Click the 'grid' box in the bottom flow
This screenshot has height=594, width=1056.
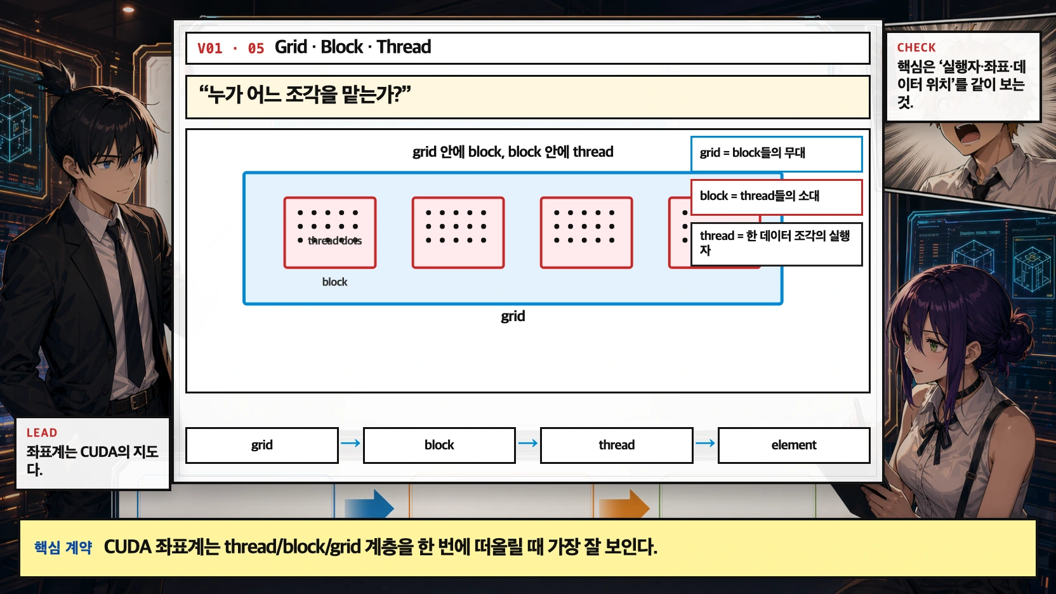(261, 445)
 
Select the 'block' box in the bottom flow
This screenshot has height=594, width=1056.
(439, 445)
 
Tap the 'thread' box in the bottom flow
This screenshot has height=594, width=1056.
(616, 445)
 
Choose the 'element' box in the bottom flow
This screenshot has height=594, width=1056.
(793, 445)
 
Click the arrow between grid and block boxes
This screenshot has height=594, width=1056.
(350, 443)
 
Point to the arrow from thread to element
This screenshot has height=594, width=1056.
(705, 443)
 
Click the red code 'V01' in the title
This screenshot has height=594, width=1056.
(210, 48)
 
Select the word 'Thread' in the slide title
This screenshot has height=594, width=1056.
(404, 47)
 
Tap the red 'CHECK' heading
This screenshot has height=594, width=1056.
(916, 48)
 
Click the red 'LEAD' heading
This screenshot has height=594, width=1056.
(42, 433)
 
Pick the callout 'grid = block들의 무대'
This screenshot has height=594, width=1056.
(776, 153)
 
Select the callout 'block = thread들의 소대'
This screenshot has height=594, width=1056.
(776, 196)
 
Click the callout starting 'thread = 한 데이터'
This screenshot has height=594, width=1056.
(776, 243)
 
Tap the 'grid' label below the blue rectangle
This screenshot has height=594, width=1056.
(513, 316)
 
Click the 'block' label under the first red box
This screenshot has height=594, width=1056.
(334, 282)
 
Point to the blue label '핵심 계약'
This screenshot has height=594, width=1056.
(63, 547)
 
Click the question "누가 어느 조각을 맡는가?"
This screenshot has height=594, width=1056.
(305, 95)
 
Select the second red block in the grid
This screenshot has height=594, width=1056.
(458, 232)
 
